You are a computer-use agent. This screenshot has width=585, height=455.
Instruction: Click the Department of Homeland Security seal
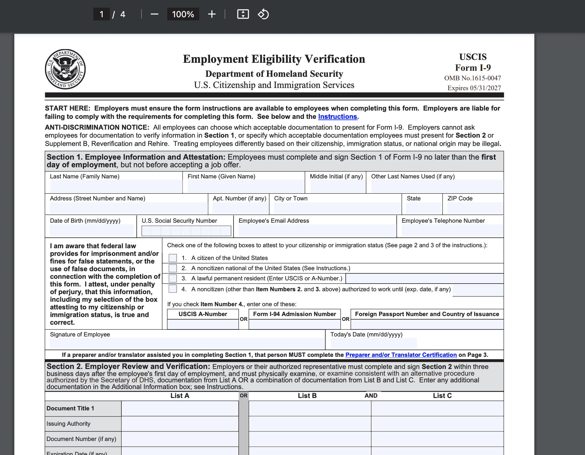point(65,69)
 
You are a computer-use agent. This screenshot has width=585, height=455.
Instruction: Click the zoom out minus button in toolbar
point(155,14)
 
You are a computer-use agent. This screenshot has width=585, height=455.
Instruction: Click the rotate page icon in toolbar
point(263,14)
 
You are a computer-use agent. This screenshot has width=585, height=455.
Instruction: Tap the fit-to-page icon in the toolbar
point(243,14)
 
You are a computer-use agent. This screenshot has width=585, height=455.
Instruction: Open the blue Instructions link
point(337,117)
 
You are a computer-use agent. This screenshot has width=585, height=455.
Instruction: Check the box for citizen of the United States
point(173,258)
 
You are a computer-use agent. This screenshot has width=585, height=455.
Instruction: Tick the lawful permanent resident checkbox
point(173,278)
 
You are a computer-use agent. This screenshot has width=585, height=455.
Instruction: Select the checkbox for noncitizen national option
point(173,268)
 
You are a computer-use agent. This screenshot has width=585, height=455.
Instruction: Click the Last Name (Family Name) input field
point(116,186)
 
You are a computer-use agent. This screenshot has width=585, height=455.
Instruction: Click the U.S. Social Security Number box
point(186,231)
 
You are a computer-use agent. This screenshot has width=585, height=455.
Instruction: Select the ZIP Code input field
point(475,208)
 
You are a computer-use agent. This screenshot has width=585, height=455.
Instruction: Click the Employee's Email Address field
point(317,230)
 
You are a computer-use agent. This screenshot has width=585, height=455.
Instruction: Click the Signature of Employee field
point(187,343)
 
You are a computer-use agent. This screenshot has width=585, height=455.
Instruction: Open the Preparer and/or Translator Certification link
point(401,355)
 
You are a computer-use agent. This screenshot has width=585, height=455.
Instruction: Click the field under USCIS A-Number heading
point(203,324)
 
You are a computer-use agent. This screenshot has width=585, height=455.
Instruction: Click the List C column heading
point(442,396)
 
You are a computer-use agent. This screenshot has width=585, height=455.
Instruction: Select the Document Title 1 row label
point(70,408)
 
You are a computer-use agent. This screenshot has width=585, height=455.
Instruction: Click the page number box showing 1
point(102,14)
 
